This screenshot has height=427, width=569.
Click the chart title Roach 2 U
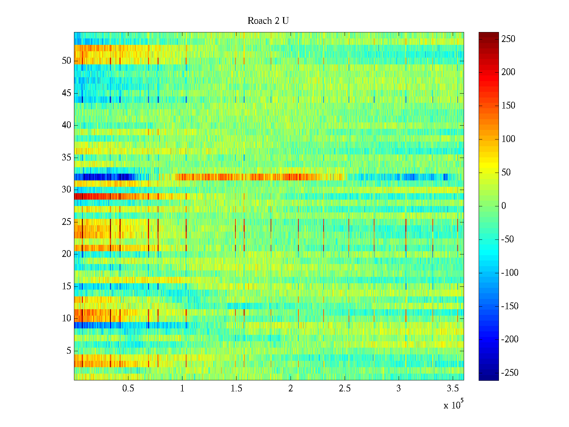pos(268,21)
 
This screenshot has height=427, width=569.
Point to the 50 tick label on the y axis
pos(67,61)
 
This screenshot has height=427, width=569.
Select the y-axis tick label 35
pos(67,158)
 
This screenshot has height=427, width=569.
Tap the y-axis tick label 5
pos(69,351)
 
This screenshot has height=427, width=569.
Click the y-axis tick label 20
pos(67,254)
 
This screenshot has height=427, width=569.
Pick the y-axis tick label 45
pos(67,93)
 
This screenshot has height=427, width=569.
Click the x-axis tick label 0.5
pos(128,389)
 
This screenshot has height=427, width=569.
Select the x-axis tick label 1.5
pos(236,389)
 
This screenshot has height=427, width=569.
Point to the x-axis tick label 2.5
pos(345,389)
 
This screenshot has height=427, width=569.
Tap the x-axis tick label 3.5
pos(453,389)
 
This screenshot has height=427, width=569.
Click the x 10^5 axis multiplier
pos(453,405)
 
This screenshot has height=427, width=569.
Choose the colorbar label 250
pos(508,39)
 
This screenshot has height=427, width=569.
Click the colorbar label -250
pos(510,373)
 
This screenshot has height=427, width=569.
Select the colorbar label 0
pos(503,206)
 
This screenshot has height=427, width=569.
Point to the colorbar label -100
pos(510,273)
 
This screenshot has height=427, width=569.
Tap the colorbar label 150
pos(508,106)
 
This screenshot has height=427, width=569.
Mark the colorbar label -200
pos(510,339)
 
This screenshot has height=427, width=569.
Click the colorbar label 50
pos(506,173)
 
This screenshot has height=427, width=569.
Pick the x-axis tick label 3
pos(399,389)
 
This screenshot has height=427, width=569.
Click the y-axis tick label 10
pos(67,318)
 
